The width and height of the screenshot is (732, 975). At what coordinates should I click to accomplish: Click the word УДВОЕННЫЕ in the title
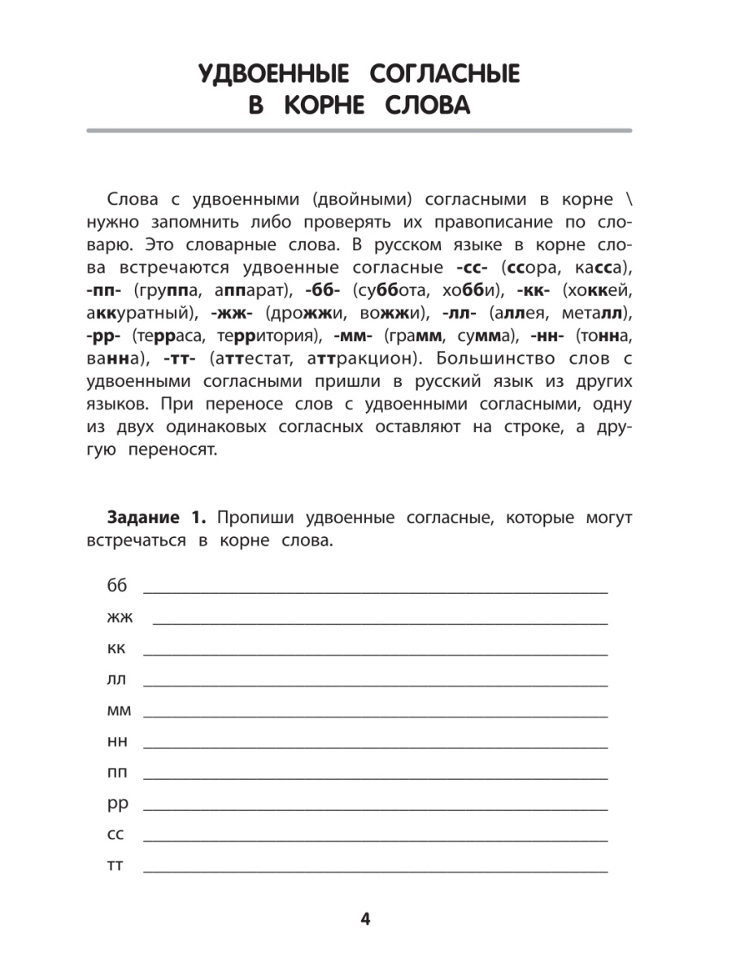273,76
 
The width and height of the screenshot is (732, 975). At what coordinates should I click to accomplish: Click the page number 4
365,919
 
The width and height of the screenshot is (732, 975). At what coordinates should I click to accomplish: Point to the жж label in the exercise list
120,617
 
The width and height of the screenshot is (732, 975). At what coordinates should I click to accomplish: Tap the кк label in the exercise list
115,648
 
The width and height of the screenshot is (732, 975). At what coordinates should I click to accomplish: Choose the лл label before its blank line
115,678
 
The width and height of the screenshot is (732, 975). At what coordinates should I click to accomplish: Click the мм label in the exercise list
118,710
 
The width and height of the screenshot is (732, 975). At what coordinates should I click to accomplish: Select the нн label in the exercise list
117,741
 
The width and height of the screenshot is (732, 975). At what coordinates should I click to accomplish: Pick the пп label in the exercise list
117,772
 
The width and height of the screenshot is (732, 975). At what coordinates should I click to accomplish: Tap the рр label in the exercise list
117,804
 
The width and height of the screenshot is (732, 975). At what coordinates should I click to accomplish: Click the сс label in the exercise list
115,834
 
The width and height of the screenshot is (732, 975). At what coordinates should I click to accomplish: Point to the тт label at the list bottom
115,866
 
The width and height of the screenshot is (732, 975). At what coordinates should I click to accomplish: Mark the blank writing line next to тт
375,872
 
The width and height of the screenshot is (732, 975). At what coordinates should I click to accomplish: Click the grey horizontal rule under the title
359,131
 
